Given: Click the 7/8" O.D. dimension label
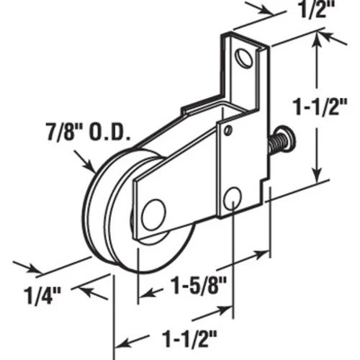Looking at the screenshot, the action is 89,132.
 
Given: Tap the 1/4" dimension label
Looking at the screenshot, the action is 42,296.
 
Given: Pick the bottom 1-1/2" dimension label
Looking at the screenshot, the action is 189,338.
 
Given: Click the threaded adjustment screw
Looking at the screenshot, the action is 282,140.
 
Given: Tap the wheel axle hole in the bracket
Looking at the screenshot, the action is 154,215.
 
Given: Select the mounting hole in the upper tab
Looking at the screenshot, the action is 245,58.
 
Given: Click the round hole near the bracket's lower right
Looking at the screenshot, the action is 233,198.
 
